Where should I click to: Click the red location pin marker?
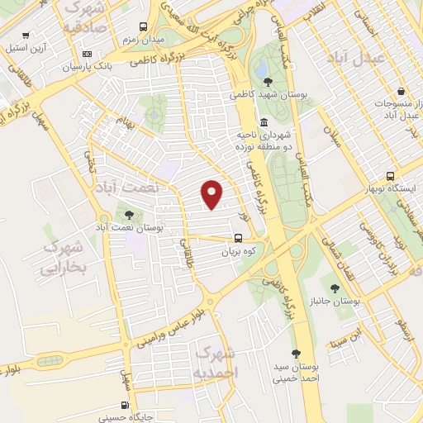click(x=212, y=195)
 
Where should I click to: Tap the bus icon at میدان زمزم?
click(x=144, y=26)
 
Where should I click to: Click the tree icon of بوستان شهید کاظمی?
click(x=269, y=81)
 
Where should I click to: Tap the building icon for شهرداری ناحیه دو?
click(x=263, y=122)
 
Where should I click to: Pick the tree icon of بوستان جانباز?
click(x=334, y=288)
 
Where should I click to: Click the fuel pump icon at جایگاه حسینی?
click(x=125, y=405)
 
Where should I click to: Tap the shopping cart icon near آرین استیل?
click(x=28, y=36)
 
